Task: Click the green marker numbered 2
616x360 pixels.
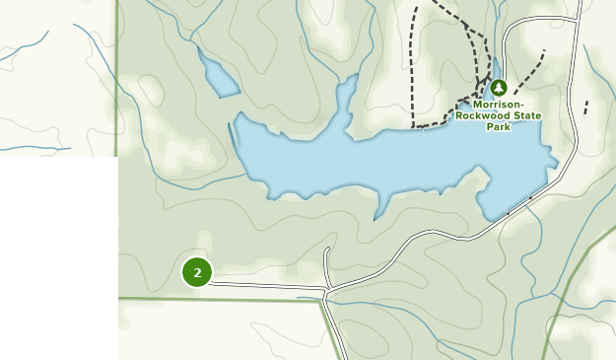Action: click(197, 272)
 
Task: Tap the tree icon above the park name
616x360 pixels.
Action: click(498, 88)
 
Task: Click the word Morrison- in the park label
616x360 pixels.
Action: click(498, 105)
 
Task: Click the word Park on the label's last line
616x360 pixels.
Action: click(498, 126)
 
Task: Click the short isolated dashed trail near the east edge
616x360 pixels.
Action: click(586, 107)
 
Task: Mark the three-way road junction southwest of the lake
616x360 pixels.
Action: click(326, 290)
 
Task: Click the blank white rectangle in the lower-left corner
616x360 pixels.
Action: click(59, 256)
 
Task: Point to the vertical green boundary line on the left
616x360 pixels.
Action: click(116, 79)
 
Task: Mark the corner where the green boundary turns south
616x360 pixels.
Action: click(320, 301)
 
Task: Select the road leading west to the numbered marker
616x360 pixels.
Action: click(266, 286)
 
